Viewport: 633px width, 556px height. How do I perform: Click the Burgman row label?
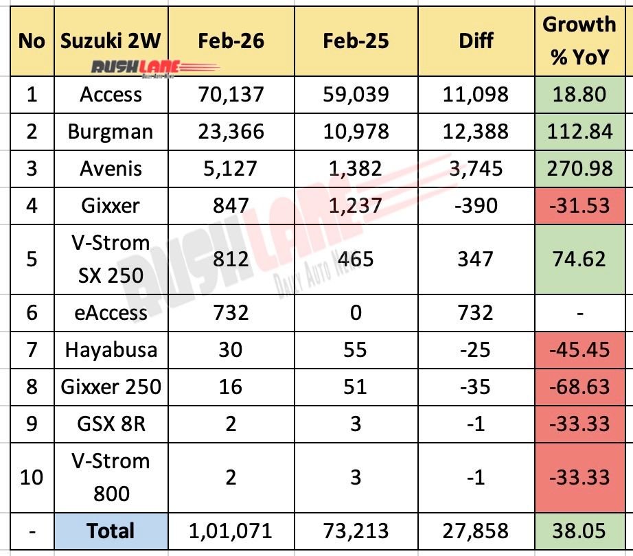pyautogui.click(x=111, y=130)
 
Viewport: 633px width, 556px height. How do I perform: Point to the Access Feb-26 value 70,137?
pyautogui.click(x=230, y=94)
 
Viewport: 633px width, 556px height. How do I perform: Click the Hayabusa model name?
pyautogui.click(x=111, y=349)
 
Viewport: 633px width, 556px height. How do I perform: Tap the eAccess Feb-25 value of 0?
pyautogui.click(x=355, y=313)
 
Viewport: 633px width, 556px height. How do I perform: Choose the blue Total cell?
pyautogui.click(x=111, y=531)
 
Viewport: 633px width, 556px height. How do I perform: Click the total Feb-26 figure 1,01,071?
pyautogui.click(x=230, y=531)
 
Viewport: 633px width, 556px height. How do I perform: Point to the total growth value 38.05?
pyautogui.click(x=579, y=531)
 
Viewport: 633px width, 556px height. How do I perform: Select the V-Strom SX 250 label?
pyautogui.click(x=111, y=258)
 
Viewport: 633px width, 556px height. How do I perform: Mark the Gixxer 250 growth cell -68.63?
pyautogui.click(x=579, y=386)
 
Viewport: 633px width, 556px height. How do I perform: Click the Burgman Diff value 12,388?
pyautogui.click(x=476, y=130)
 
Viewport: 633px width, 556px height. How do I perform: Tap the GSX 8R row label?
pyautogui.click(x=111, y=423)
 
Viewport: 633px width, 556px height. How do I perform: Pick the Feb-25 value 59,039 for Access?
pyautogui.click(x=355, y=94)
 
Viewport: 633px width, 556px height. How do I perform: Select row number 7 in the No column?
pyautogui.click(x=30, y=349)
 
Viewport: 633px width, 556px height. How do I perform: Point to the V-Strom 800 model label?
pyautogui.click(x=111, y=476)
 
